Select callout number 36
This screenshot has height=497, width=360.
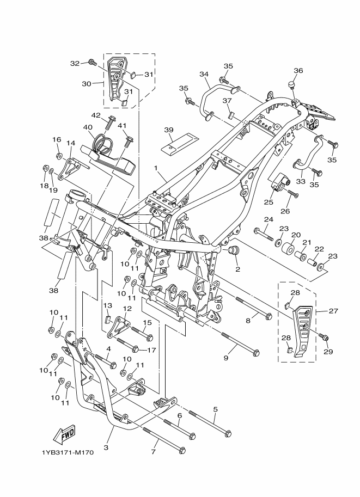click(298, 70)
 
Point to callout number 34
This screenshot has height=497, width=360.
click(204, 74)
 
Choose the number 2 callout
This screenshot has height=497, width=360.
click(237, 269)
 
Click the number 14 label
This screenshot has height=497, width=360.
click(70, 143)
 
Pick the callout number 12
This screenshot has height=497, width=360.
click(126, 308)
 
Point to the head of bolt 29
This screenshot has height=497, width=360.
click(326, 338)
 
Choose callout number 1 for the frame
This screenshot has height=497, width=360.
click(155, 168)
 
